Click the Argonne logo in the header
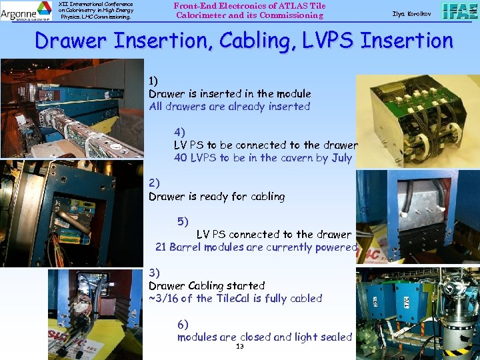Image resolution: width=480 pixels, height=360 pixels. [x=26, y=10]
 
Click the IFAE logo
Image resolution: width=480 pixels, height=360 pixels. [x=459, y=11]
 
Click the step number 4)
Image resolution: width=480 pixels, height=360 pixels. [x=179, y=132]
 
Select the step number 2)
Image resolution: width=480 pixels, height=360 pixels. [x=154, y=183]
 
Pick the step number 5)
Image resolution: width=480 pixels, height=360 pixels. [x=182, y=221]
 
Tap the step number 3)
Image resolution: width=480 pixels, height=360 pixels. [x=154, y=273]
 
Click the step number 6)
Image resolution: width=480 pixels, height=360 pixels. [x=182, y=324]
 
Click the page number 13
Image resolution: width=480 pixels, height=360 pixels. [x=240, y=347]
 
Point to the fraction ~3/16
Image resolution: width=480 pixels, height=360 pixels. [x=163, y=299]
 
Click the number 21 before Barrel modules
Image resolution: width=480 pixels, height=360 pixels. [x=161, y=247]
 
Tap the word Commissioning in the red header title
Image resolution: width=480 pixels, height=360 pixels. [x=293, y=15]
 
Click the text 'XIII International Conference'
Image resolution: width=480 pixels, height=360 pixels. [x=95, y=4]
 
